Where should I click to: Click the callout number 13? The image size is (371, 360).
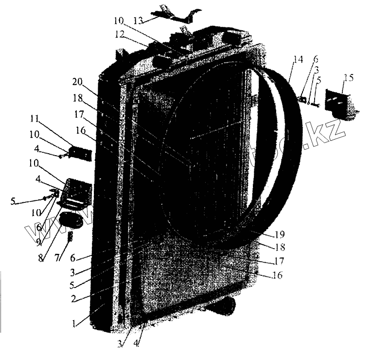point(139,20)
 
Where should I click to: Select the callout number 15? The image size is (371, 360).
point(349,78)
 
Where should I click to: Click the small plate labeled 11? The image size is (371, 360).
point(79,152)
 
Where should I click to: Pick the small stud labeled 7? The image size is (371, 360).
point(70,237)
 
